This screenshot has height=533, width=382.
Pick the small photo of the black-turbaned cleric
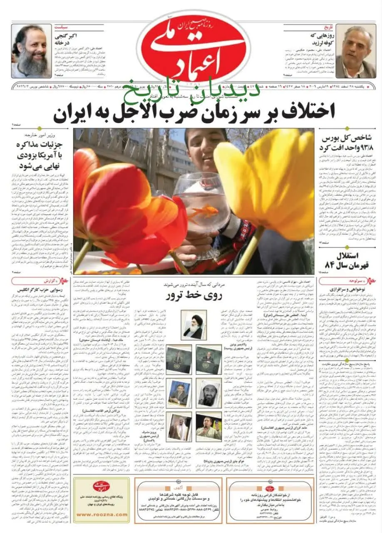(x=194, y=325)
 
